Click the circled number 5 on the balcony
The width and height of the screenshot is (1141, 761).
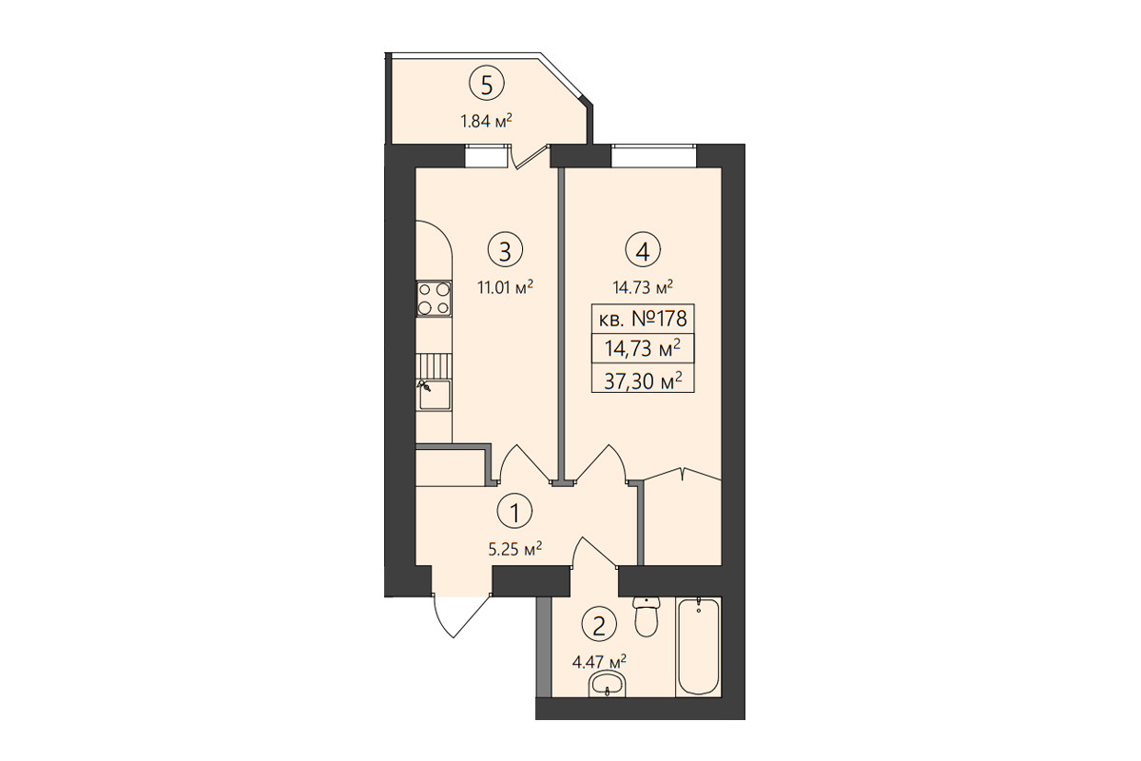(x=487, y=85)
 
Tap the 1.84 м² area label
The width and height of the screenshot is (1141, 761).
(x=486, y=122)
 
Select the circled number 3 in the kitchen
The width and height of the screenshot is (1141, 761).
(x=505, y=250)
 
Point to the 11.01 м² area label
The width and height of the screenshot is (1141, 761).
(x=505, y=287)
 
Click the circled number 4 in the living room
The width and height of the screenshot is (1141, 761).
(x=643, y=250)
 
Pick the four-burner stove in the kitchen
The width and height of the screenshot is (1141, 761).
(x=434, y=299)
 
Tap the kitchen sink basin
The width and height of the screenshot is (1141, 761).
(x=435, y=395)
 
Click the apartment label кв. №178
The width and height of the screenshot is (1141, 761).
(x=643, y=319)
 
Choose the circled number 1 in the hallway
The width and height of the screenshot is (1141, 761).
(x=514, y=513)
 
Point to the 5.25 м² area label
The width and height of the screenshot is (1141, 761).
(x=514, y=549)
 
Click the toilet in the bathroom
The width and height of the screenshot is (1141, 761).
(x=647, y=616)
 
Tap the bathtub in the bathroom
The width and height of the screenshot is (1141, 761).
(x=698, y=646)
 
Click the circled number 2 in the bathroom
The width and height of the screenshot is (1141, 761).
(x=598, y=625)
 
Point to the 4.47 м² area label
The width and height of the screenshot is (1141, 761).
(x=599, y=662)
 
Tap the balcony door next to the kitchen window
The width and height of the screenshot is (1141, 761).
(x=530, y=157)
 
